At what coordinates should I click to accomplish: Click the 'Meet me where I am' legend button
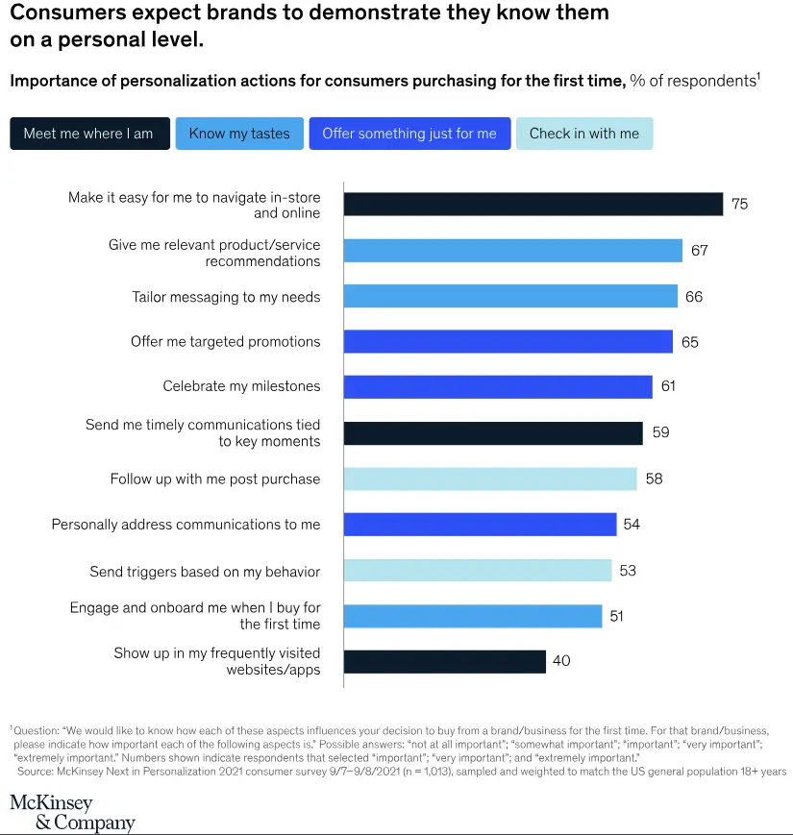(x=88, y=134)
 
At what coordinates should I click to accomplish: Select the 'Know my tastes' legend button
(x=239, y=134)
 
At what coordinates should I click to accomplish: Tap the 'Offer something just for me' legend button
(x=409, y=134)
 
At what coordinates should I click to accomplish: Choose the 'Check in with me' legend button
(x=583, y=134)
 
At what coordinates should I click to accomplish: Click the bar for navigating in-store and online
(x=533, y=204)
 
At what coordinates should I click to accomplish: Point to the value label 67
(x=699, y=251)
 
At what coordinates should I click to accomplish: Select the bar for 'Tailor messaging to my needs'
(x=509, y=296)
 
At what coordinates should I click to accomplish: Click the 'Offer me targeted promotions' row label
(x=226, y=341)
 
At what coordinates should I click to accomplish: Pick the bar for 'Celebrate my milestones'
(x=498, y=386)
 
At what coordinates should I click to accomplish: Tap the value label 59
(x=660, y=432)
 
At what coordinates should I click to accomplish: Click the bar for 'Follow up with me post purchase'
(x=490, y=479)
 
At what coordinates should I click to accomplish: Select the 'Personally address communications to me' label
(x=186, y=525)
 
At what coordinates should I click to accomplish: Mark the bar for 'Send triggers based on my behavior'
(x=478, y=571)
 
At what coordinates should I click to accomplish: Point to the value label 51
(x=616, y=616)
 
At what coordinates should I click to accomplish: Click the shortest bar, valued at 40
(x=444, y=661)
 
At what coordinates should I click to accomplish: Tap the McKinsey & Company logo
(x=72, y=812)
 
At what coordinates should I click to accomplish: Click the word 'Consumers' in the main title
(x=64, y=13)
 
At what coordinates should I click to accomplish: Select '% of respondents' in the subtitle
(x=692, y=81)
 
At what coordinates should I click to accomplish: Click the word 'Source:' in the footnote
(x=37, y=772)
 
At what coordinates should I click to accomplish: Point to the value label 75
(x=739, y=204)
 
